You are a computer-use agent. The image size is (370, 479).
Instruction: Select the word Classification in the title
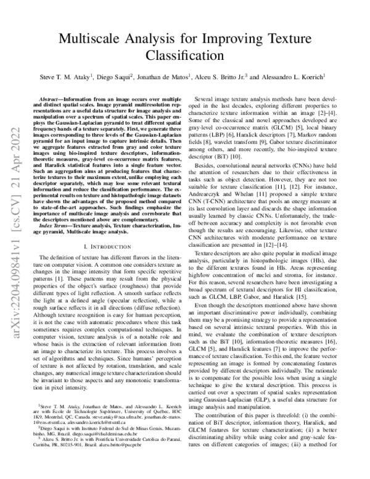(184, 57)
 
